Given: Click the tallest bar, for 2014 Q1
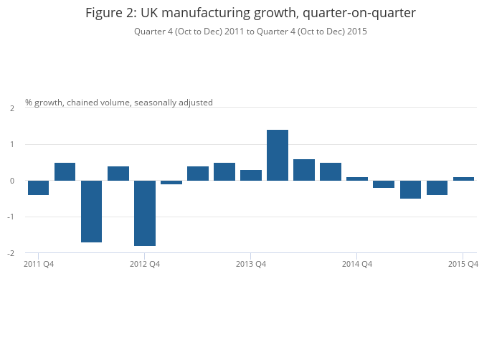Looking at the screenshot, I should [278, 155].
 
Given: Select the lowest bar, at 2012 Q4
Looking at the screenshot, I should [145, 213].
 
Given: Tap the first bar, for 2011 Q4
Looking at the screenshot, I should [39, 188].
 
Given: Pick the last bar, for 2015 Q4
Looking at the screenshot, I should [463, 179].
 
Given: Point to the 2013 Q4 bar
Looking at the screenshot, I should [251, 175].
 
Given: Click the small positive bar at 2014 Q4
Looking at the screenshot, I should [357, 179].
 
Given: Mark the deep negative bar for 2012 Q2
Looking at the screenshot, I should [92, 212].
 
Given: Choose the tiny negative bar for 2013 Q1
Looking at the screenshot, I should [171, 182].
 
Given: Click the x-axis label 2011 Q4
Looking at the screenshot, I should [39, 265].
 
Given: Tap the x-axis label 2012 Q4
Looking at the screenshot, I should [145, 265].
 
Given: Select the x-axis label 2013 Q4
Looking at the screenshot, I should [251, 265].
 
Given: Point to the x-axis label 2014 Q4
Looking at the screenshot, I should [357, 265].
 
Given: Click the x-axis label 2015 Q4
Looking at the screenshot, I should [463, 265].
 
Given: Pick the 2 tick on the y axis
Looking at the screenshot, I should [12, 108].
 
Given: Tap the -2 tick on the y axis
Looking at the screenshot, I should [11, 253].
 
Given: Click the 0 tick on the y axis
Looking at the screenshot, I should [12, 181].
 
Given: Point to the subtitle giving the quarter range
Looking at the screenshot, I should [250, 32].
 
